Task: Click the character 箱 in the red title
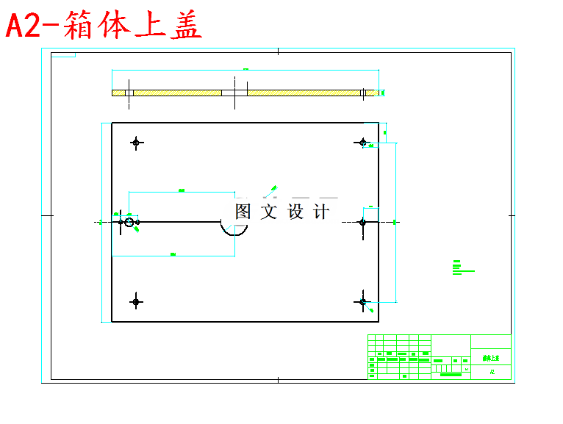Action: pyautogui.click(x=77, y=26)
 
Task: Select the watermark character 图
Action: pyautogui.click(x=243, y=212)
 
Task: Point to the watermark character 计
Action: pyautogui.click(x=321, y=212)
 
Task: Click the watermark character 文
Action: pyautogui.click(x=269, y=212)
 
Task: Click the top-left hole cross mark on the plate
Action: pyautogui.click(x=136, y=143)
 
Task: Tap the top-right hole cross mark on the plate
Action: pyautogui.click(x=362, y=143)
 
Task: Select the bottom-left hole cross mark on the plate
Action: pyautogui.click(x=136, y=301)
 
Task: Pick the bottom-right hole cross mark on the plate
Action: pyautogui.click(x=362, y=301)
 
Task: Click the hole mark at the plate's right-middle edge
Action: pyautogui.click(x=362, y=222)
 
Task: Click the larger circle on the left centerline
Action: pyautogui.click(x=129, y=222)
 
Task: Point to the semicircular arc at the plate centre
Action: pyautogui.click(x=234, y=231)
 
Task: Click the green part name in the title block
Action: pyautogui.click(x=490, y=359)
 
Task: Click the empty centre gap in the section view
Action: pyautogui.click(x=234, y=93)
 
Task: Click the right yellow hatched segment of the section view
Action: pyautogui.click(x=304, y=93)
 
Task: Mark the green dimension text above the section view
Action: pyautogui.click(x=245, y=69)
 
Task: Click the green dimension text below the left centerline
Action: pyautogui.click(x=173, y=254)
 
